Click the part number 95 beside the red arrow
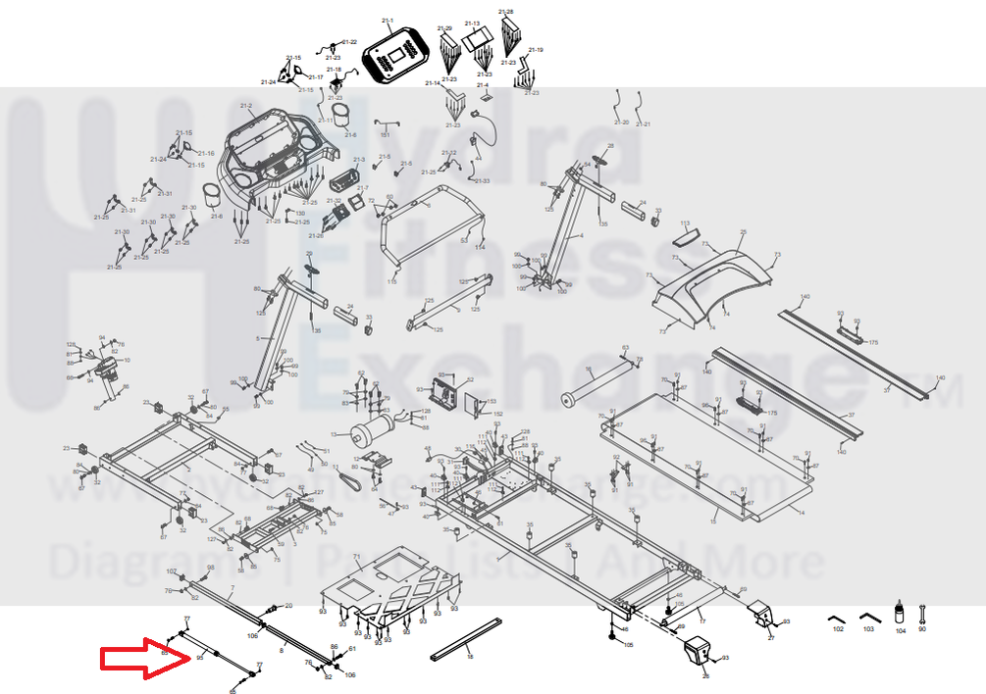click(199, 659)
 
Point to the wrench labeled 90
click(921, 615)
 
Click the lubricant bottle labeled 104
click(899, 613)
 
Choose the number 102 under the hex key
click(837, 628)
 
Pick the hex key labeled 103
click(868, 617)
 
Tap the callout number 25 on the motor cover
click(743, 232)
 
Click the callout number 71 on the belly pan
click(357, 557)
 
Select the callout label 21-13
click(472, 24)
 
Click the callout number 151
click(386, 134)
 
